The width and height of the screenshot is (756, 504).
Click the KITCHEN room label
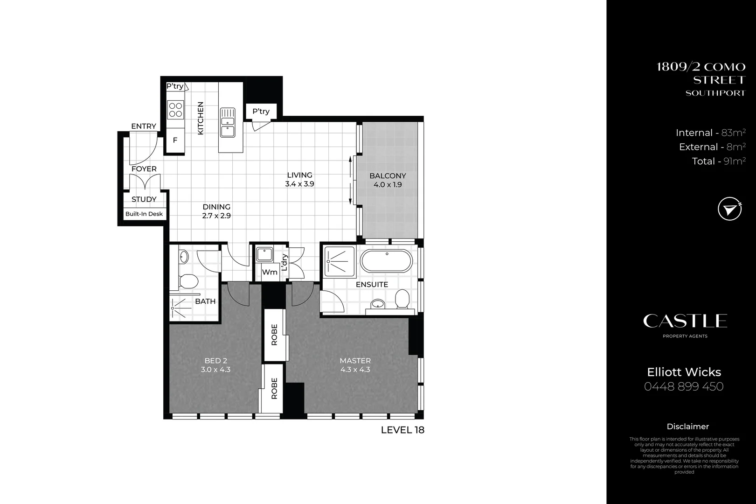(x=201, y=119)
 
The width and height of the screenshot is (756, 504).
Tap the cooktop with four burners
(x=175, y=110)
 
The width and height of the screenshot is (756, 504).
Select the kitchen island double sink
(x=228, y=122)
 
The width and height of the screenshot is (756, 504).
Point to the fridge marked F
(x=175, y=140)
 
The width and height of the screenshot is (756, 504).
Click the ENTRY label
(x=144, y=126)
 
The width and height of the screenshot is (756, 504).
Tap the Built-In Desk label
(x=144, y=214)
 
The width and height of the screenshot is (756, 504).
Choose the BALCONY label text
(x=388, y=176)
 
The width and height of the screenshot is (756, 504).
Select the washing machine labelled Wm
(x=270, y=272)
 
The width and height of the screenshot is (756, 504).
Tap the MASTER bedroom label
(x=355, y=361)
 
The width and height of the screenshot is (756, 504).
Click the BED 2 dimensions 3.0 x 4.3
(x=215, y=370)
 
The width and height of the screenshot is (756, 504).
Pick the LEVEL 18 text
(x=402, y=430)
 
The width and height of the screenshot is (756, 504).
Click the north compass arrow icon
(x=729, y=209)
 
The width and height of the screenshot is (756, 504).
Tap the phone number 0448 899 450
(x=684, y=387)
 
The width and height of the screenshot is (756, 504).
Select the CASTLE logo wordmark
(x=685, y=321)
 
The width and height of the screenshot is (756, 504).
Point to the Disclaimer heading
(x=687, y=427)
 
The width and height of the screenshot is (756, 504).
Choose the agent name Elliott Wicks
(x=684, y=372)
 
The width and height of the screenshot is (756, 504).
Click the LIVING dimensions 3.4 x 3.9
(x=299, y=184)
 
